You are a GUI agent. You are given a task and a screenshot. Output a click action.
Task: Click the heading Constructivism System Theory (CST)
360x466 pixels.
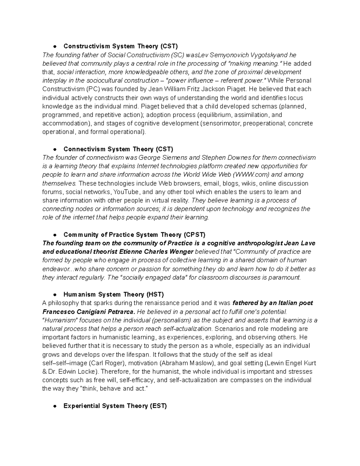121,46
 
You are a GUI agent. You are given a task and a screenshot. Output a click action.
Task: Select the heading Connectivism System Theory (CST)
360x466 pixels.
118,149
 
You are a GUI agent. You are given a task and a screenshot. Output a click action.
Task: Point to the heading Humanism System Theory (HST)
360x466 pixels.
114,294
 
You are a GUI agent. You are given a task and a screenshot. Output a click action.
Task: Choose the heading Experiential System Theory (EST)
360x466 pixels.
115,406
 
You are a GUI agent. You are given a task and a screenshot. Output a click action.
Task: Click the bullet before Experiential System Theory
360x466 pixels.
55,406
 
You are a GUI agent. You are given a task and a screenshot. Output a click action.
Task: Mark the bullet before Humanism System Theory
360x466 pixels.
55,295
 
